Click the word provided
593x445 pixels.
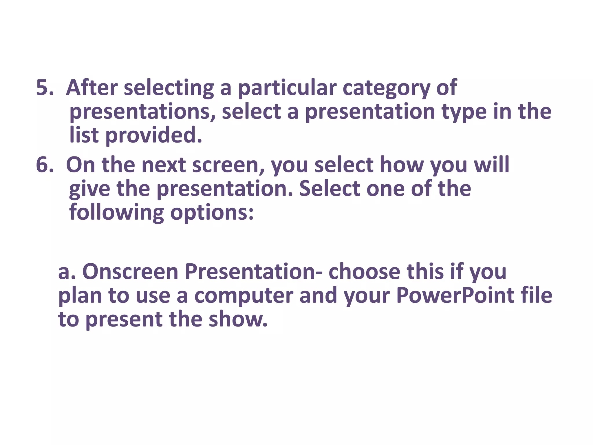click(153, 136)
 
